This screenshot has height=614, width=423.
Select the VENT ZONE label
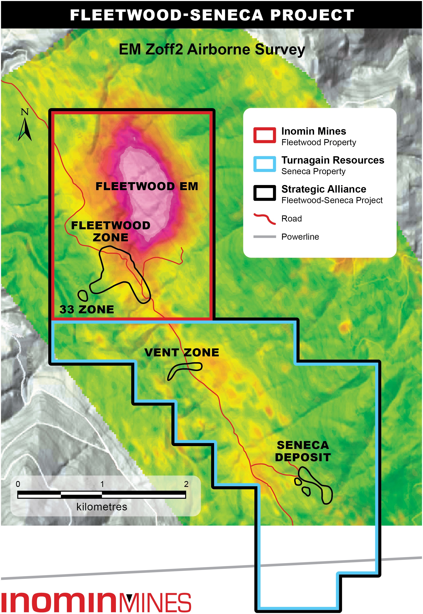pyautogui.click(x=182, y=352)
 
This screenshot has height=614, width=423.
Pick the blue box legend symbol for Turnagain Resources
pyautogui.click(x=264, y=164)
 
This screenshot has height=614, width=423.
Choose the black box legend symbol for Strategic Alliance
pyautogui.click(x=264, y=193)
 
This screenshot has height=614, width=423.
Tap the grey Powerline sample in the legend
pyautogui.click(x=264, y=237)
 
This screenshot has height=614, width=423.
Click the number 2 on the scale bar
pyautogui.click(x=186, y=484)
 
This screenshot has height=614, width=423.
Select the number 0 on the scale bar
pyautogui.click(x=18, y=484)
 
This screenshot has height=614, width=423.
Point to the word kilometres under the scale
pyautogui.click(x=102, y=507)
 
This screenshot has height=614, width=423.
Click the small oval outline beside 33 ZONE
pyautogui.click(x=83, y=295)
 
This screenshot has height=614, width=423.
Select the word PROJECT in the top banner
pyautogui.click(x=312, y=15)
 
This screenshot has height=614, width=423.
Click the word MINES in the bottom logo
pyautogui.click(x=155, y=602)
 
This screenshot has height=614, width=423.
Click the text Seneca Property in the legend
pyautogui.click(x=313, y=171)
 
